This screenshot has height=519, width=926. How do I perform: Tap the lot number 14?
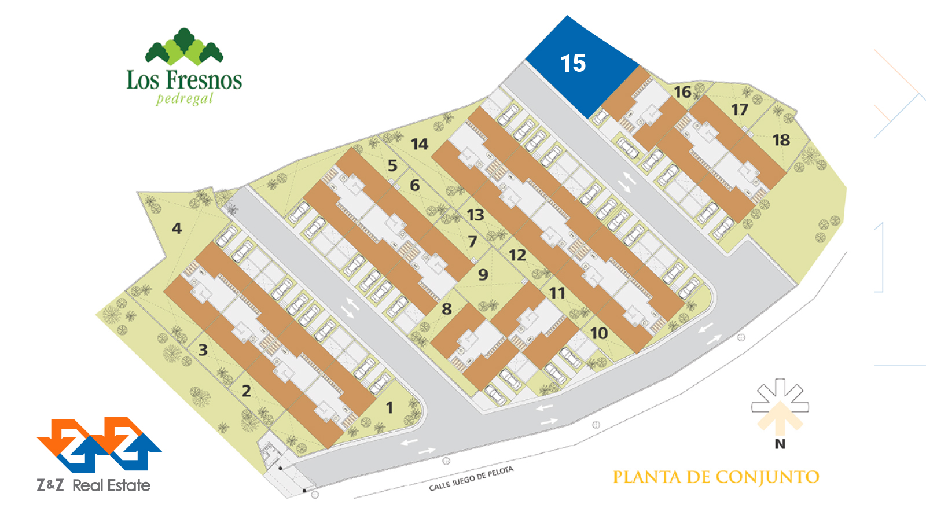tap(420, 144)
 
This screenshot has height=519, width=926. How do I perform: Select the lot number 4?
tap(177, 229)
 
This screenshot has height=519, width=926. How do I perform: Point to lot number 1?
tap(389, 408)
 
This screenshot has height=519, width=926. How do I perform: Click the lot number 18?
tap(781, 140)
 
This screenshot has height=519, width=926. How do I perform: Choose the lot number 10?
tap(599, 333)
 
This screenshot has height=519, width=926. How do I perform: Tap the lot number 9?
tap(483, 275)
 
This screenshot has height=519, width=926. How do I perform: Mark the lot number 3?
tap(203, 350)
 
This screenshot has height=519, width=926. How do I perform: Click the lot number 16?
tap(682, 92)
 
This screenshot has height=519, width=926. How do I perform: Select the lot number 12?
tap(517, 255)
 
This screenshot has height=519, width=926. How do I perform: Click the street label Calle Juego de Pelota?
tap(471, 479)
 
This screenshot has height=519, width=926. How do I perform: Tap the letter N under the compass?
tap(780, 444)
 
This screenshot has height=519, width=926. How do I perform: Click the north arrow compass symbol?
tap(780, 406)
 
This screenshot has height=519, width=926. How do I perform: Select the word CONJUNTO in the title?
tap(767, 477)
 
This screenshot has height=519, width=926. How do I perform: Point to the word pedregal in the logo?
tap(185, 98)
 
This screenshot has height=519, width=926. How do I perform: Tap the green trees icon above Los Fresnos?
tap(184, 46)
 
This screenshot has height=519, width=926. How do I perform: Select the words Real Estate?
tap(112, 485)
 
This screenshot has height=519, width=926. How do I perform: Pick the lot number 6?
tap(415, 186)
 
